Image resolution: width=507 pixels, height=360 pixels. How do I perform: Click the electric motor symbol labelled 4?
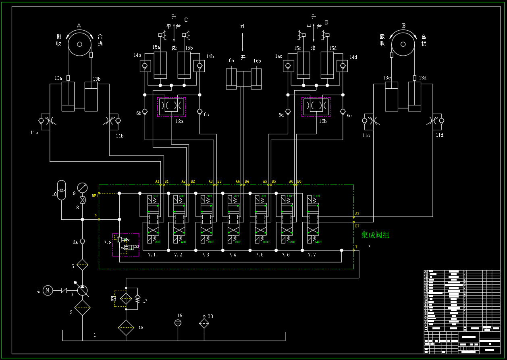pos(48,290)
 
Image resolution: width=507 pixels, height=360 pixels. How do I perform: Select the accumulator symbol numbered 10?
pos(61,190)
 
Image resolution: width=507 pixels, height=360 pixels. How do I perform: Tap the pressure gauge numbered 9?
pos(82,187)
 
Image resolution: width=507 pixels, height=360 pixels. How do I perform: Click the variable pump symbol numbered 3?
pos(82,290)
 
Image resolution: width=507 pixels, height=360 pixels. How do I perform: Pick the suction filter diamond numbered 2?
pos(82,309)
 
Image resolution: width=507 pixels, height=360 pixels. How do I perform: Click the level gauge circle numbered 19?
pos(178,323)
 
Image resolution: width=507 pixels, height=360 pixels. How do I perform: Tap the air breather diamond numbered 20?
pos(204,323)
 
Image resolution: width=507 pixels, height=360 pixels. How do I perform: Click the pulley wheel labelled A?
pos(79,44)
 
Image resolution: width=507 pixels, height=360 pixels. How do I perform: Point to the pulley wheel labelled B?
pos(403,44)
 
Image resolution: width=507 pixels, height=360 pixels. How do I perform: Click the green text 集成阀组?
pos(375,235)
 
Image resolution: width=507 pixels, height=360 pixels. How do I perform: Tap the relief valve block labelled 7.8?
pos(126,244)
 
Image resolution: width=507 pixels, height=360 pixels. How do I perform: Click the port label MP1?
pos(95,196)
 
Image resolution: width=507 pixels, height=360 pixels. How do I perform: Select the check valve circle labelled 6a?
pos(82,241)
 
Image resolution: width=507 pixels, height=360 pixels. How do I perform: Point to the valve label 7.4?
pos(232,255)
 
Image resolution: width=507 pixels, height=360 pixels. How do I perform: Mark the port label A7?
pos(357,213)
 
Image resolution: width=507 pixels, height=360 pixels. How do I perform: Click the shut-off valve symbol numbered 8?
pos(82,200)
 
